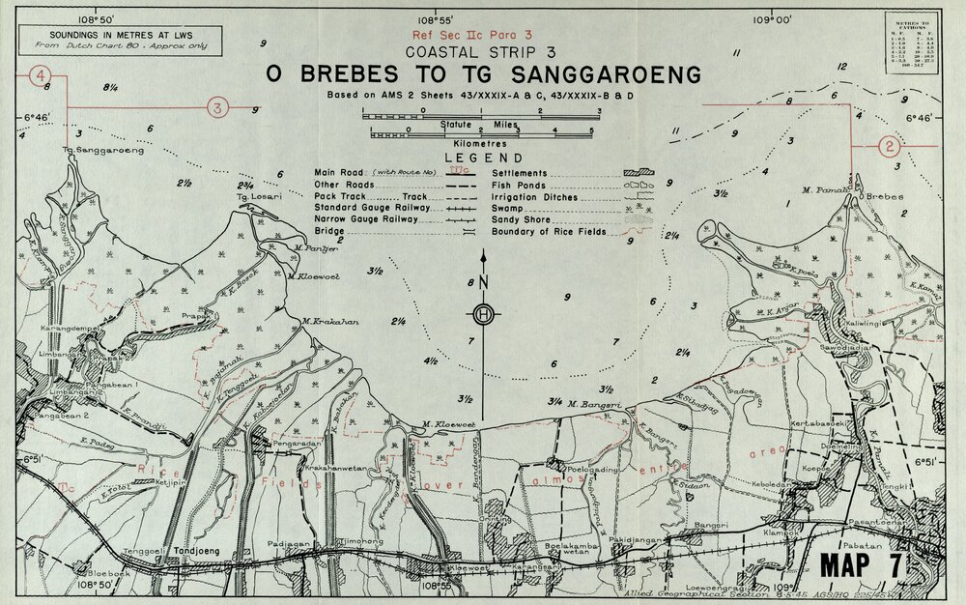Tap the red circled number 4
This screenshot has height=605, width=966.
point(41,75)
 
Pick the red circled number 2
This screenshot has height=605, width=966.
point(887,147)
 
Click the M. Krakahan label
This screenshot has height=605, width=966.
point(326,321)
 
